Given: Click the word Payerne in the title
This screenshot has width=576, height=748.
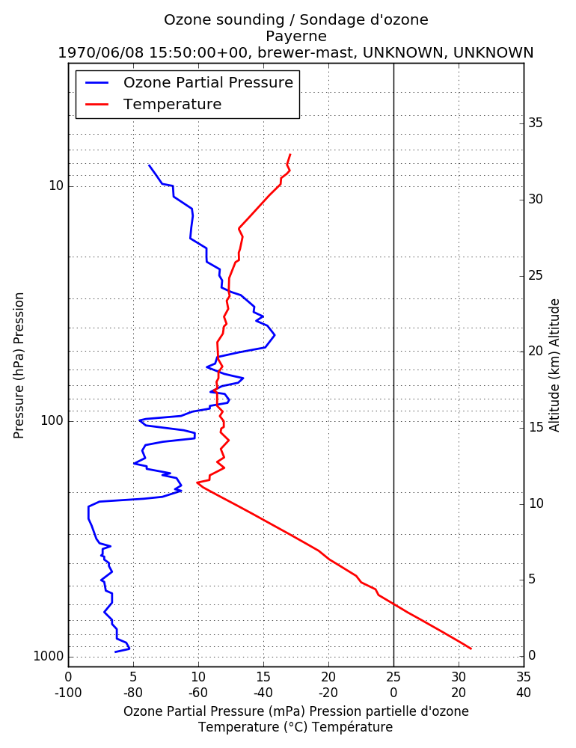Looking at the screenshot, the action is click(296, 37).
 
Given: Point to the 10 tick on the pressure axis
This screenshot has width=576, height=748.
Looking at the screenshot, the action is click(56, 186).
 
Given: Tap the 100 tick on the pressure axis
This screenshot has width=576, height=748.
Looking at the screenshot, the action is click(52, 420).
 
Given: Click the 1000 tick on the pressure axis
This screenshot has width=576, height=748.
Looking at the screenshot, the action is click(49, 657).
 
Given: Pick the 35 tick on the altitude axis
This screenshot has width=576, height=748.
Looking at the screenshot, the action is click(536, 123).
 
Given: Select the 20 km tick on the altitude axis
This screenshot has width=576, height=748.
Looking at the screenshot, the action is click(536, 351).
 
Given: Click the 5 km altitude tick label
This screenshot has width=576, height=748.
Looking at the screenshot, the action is click(532, 580).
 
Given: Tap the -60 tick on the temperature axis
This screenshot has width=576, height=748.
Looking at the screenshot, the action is click(198, 693).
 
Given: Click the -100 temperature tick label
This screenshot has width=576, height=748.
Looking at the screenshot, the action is click(68, 693).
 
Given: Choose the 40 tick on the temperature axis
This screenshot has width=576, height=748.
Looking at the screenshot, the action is click(524, 693).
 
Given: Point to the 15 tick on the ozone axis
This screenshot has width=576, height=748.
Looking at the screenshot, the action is click(263, 677).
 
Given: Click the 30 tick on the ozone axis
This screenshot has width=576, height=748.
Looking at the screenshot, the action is click(459, 677).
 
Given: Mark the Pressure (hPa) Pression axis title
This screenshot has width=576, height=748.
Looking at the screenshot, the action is click(19, 366).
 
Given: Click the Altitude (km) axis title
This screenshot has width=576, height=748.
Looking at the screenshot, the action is click(554, 366).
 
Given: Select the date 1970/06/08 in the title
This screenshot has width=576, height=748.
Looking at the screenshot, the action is click(101, 52).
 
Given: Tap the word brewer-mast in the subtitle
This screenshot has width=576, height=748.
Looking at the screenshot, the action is click(306, 52).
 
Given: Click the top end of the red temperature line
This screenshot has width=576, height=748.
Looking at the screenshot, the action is click(290, 155).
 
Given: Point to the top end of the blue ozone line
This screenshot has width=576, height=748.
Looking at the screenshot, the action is click(149, 165).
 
